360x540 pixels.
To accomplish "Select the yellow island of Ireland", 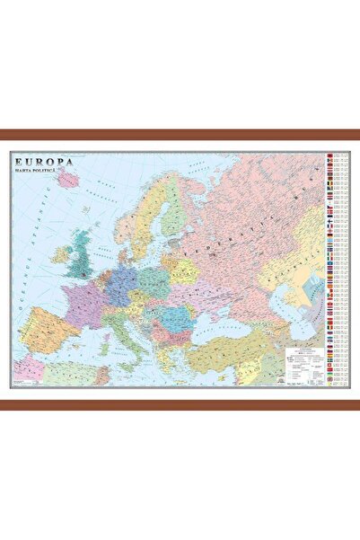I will point(61,255).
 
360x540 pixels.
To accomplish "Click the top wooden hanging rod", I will point(180,135).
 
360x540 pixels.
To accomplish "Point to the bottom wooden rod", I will point(180,404).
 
